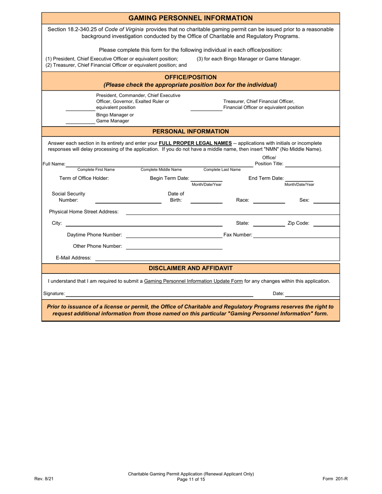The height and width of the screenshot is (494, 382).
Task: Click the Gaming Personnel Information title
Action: [x=190, y=18]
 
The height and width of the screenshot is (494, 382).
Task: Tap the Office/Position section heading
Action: [x=190, y=77]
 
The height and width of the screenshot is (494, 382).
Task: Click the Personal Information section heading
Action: [x=190, y=131]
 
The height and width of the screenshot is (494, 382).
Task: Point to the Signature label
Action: [x=54, y=294]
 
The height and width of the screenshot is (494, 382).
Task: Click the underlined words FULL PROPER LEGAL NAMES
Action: [x=195, y=143]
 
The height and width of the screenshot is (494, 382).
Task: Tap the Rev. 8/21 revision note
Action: [x=44, y=479]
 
